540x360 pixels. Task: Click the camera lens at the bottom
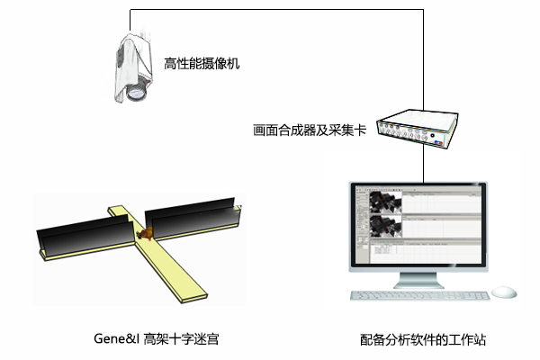[x=134, y=93]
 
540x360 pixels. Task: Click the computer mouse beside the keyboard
[x=505, y=292]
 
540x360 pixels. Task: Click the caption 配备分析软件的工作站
[x=423, y=339]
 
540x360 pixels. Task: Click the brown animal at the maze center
[x=148, y=234]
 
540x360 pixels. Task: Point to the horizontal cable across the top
[x=270, y=10]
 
